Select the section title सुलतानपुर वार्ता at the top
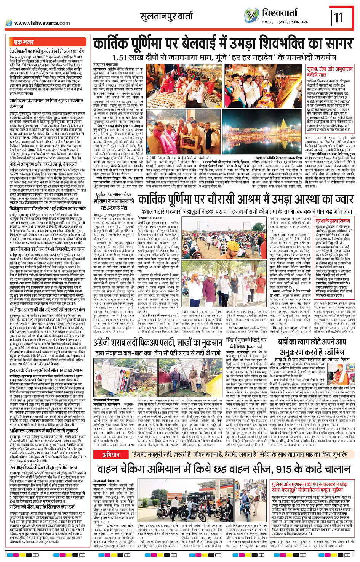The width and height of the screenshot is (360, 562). tap(172, 16)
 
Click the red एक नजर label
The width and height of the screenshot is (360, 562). tap(24, 42)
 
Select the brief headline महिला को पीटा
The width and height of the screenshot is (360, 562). tap(42, 507)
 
